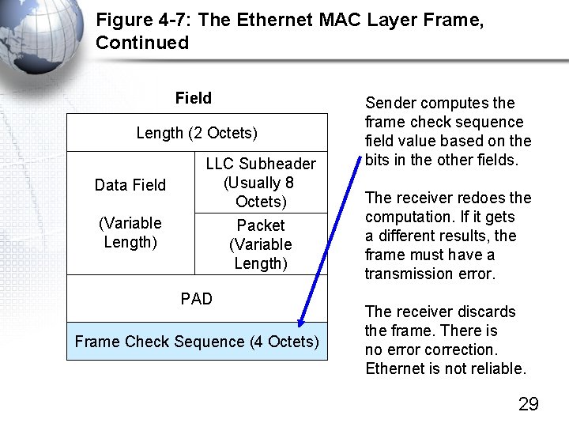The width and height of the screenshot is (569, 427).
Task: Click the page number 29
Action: (x=528, y=405)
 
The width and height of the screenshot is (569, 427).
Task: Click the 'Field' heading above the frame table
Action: (x=194, y=98)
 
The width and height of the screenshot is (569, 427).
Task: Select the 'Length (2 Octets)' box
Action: (x=197, y=133)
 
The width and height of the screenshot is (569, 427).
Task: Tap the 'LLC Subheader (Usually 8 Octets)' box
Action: (x=261, y=183)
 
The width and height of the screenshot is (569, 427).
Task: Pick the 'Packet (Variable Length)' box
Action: (x=261, y=244)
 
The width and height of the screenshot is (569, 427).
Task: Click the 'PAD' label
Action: (x=197, y=299)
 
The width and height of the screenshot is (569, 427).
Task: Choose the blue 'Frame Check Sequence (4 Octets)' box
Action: (x=197, y=342)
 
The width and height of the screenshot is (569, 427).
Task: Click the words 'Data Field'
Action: (x=130, y=185)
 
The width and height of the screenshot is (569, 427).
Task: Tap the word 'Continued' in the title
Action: (x=142, y=43)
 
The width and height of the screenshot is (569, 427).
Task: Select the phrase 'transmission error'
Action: (x=430, y=274)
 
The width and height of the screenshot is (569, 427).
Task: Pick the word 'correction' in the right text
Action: (x=462, y=350)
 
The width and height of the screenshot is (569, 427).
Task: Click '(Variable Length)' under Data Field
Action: (x=130, y=232)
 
